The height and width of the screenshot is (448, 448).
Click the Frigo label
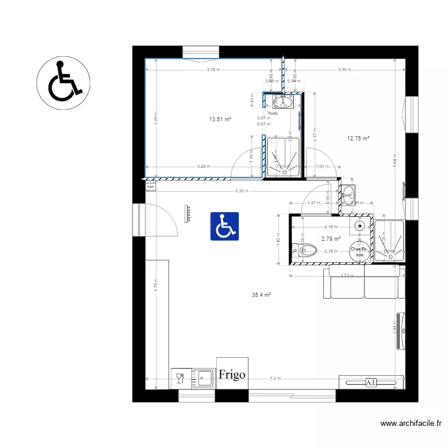pos(232,375)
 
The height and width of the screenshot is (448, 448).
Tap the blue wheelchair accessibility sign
pos(224,226)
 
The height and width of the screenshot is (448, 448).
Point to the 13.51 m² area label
pos(220,119)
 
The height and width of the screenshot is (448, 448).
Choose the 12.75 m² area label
pos(358,139)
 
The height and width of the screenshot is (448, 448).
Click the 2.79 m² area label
pos(331,239)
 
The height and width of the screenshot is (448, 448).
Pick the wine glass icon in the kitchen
pos(179,378)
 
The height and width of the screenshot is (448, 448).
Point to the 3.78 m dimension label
pos(213,70)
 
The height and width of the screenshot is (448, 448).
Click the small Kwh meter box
pos(151,187)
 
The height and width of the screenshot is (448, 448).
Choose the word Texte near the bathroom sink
pos(272,113)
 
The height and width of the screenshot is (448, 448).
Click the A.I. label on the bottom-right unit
pos(370,382)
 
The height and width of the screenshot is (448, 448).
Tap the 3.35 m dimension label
pos(345,70)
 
